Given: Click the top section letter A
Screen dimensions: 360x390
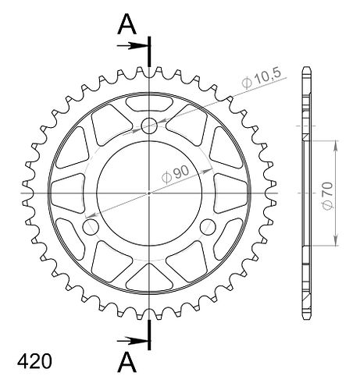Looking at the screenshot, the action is pos(127,24).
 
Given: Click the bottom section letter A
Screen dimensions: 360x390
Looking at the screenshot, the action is pos(127,362).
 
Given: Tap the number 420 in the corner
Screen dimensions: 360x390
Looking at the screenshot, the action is pos(34,361).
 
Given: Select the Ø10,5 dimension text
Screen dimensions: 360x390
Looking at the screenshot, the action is pos(262,79).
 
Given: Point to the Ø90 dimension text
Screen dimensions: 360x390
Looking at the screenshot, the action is pos(176,174).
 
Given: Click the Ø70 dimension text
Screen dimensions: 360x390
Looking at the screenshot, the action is pos(327,196).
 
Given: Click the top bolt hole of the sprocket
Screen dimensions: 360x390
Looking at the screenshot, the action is pos(149,126).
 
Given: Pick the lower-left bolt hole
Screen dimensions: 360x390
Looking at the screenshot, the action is pos(91,227).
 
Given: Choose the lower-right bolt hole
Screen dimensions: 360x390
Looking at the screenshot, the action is pos(209,227).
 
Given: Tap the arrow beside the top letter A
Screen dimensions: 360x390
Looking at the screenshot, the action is pos(132,46).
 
